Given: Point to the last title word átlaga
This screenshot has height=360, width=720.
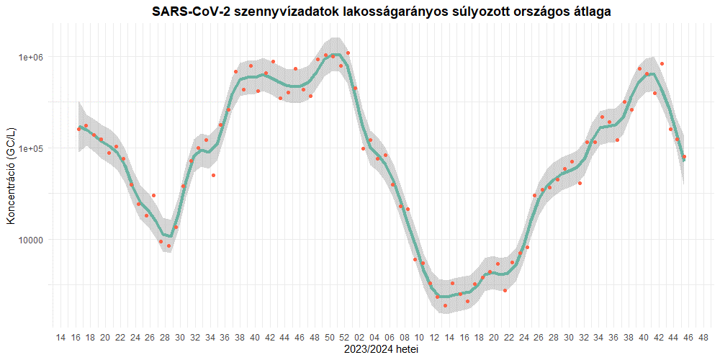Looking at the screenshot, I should (593, 12).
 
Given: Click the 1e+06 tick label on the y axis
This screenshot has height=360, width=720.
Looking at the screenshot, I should (32, 57).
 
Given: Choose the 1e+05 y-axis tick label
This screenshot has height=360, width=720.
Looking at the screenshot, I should (32, 148).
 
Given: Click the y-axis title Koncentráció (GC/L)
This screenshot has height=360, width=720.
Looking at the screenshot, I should (11, 172).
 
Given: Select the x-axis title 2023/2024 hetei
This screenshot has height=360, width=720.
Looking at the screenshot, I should (382, 349).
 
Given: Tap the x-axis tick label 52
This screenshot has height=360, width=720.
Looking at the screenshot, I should (344, 337).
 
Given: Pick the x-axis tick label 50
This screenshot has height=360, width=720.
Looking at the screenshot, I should (329, 337).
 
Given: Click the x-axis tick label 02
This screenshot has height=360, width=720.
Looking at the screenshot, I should (359, 337).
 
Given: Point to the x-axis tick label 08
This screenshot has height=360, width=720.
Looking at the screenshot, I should (404, 337).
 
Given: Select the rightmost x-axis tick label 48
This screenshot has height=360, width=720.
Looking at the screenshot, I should (703, 337).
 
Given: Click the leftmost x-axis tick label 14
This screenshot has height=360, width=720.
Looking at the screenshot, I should (60, 337).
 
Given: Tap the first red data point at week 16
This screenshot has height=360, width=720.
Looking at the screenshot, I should (78, 129).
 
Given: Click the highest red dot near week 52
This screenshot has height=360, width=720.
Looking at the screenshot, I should (348, 53).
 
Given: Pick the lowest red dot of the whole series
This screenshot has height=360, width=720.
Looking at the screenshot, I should (445, 305).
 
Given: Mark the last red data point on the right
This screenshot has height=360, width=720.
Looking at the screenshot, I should (684, 157).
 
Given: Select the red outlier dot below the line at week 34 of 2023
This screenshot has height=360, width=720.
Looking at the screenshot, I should (213, 175).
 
